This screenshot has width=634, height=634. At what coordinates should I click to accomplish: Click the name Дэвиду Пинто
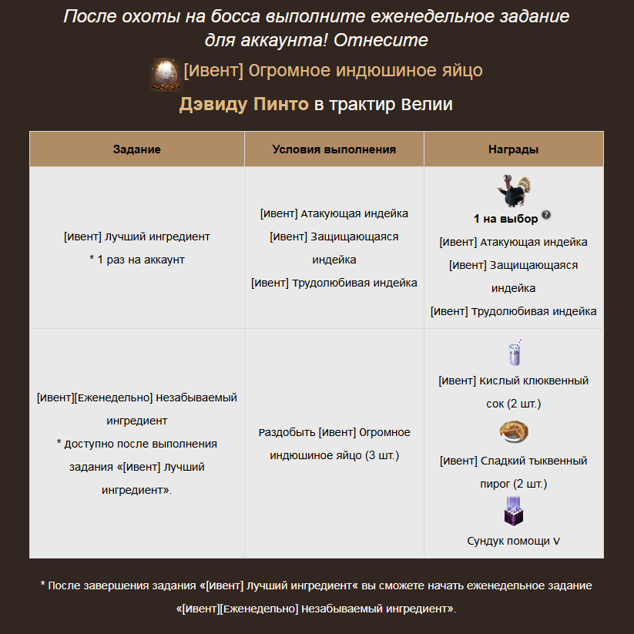243,105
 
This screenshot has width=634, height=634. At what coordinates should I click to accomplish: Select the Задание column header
137,149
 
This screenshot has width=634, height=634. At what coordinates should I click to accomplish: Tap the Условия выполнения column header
334,149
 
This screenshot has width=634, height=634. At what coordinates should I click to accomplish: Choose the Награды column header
513,149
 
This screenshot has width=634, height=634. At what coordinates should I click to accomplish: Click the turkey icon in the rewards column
515,191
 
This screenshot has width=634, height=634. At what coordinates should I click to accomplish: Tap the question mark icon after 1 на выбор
546,215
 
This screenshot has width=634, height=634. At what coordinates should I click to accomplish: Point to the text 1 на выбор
506,219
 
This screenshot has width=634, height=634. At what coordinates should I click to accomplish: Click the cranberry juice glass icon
514,354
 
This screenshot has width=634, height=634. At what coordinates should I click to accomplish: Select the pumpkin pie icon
514,433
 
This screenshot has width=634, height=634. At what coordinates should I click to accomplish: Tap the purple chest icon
514,512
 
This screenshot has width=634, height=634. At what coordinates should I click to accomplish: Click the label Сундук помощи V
514,541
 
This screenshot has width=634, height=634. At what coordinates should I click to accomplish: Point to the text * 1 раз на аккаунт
137,260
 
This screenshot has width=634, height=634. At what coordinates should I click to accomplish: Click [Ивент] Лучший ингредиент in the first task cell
137,236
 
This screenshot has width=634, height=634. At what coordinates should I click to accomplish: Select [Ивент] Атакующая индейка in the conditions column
334,213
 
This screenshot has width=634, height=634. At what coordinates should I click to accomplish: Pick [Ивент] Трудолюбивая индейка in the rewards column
514,311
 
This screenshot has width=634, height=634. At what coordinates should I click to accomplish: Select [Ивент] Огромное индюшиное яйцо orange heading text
333,71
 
